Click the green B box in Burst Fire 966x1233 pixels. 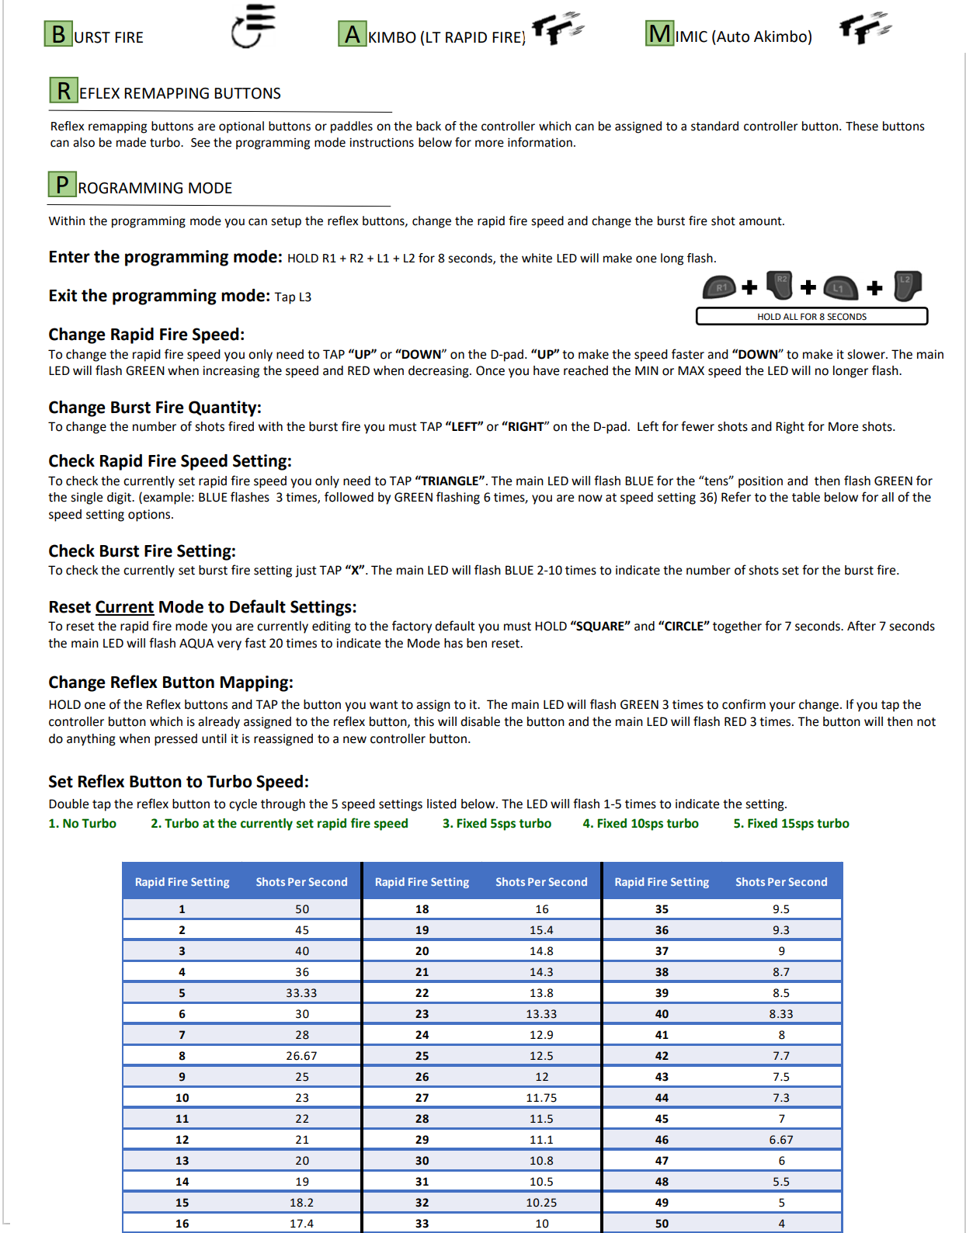[58, 34]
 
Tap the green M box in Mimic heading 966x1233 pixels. [660, 33]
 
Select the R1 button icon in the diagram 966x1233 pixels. [720, 287]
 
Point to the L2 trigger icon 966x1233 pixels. [907, 286]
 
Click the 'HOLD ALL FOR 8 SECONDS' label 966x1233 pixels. [811, 317]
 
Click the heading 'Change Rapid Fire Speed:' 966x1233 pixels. [147, 335]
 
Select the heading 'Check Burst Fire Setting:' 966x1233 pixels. [142, 551]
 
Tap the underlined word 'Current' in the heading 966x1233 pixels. [124, 607]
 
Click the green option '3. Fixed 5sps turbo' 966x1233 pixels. [497, 824]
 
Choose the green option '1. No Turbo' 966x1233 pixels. [82, 824]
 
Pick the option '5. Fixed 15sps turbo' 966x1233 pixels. [791, 824]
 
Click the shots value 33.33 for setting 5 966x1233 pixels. [301, 993]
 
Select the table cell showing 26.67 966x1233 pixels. [301, 1056]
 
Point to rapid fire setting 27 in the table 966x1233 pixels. [422, 1098]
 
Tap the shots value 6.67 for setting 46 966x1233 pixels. [781, 1140]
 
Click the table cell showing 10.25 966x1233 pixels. [541, 1203]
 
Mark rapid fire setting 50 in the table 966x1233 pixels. [662, 1224]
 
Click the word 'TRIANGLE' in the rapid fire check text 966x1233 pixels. [450, 481]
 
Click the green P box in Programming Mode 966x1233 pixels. [62, 185]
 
